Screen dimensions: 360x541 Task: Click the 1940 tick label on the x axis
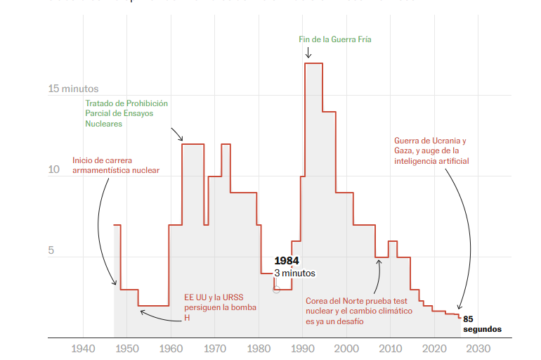click(x=83, y=349)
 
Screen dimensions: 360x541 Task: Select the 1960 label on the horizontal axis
click(x=171, y=349)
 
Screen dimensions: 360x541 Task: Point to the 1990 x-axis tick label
click(x=303, y=349)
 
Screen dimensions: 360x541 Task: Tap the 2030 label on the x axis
click(x=478, y=349)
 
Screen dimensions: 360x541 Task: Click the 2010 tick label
click(x=391, y=349)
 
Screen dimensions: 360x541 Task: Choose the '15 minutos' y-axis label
click(x=73, y=89)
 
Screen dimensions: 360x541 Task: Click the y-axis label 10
click(x=55, y=170)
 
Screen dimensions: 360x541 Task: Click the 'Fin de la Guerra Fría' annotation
click(x=334, y=40)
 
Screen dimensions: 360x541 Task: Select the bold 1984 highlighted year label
click(x=287, y=261)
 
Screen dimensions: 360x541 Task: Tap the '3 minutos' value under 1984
click(x=294, y=274)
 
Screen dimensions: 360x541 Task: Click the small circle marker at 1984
click(x=276, y=289)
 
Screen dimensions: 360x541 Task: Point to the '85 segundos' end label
click(x=482, y=323)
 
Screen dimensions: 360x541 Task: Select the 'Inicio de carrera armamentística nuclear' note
click(x=116, y=165)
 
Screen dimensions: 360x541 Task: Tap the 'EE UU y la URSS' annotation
click(x=221, y=307)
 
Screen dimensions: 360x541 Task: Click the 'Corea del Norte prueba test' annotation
click(x=359, y=311)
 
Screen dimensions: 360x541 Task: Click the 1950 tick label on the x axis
click(x=126, y=349)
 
